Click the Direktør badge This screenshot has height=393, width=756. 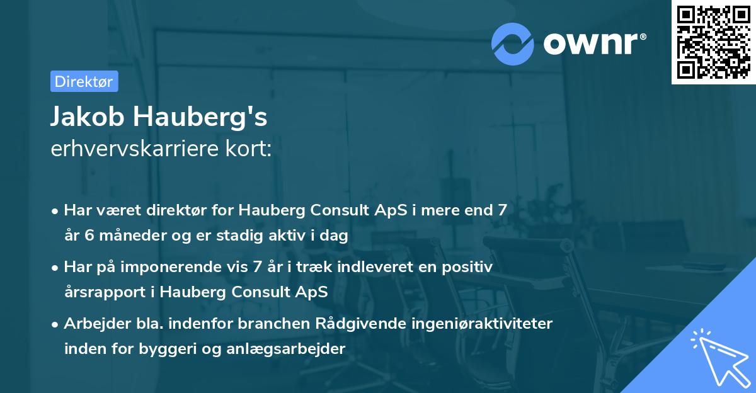[84, 81]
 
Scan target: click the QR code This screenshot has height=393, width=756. [713, 42]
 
